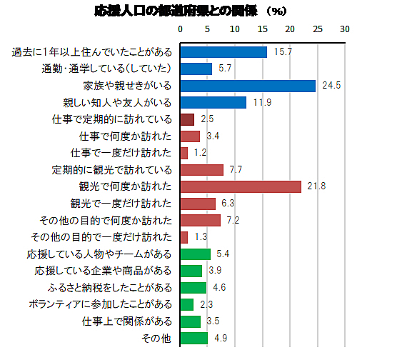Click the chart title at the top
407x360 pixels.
tap(190, 11)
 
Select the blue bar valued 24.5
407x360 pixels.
tap(248, 86)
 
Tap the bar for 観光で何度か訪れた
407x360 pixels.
tap(241, 186)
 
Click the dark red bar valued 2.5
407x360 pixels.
tap(187, 119)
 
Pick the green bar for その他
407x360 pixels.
tap(194, 338)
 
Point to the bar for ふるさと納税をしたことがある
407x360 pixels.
tap(194, 288)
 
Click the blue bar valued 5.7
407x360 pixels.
tap(196, 69)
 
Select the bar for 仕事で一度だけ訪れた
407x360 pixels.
tap(184, 154)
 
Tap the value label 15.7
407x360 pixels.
tap(283, 51)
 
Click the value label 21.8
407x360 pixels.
tap(316, 186)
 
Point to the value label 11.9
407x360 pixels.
tap(263, 102)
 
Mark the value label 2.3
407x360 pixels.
tap(206, 304)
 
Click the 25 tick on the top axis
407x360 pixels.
tap(318, 29)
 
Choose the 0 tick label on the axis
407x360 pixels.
tap(181, 29)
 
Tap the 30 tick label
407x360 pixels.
tap(345, 29)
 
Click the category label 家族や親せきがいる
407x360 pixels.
tap(127, 86)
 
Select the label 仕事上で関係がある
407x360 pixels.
tap(127, 321)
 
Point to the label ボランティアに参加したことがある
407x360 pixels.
tap(100, 304)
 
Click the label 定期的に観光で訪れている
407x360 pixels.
tap(112, 170)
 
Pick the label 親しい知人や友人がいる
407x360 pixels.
tap(117, 103)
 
